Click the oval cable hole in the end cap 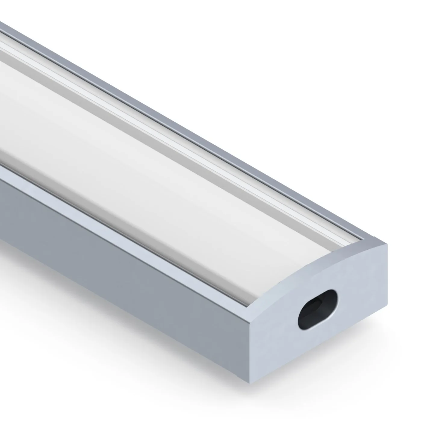click(x=318, y=309)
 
